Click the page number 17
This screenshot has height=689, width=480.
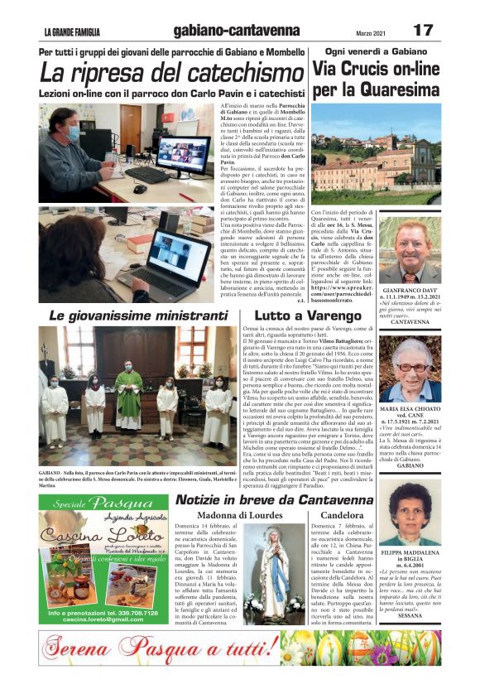(423, 31)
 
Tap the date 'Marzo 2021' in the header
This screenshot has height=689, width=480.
(348, 32)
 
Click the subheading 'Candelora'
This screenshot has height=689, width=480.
(341, 515)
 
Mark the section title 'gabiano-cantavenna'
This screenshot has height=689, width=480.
(237, 31)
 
